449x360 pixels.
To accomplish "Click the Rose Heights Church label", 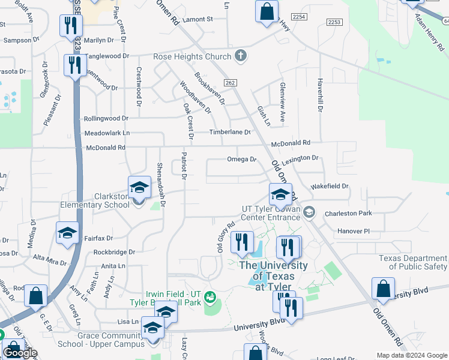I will tap(192, 56).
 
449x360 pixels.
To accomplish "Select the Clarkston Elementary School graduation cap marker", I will tap(139, 187).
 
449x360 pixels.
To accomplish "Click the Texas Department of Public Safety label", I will tap(414, 262).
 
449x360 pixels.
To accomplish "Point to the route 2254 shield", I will tap(298, 17).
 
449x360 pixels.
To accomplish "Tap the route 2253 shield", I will tap(334, 22).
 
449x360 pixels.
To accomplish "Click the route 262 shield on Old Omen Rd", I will tap(230, 82).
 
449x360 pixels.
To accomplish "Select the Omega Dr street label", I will tap(241, 160).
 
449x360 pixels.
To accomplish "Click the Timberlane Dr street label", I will tap(229, 132).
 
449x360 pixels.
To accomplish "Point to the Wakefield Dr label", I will tap(330, 186).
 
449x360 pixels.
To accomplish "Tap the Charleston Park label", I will tap(348, 213).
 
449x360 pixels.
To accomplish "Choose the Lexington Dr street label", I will tap(300, 158).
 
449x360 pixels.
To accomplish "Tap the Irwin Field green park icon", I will tap(209, 296).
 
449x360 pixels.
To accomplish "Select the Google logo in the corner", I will tap(19, 353).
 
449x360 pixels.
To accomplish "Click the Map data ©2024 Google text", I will tap(412, 355).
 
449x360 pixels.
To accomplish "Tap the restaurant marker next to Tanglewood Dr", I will tap(74, 65).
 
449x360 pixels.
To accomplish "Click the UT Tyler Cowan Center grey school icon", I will tap(309, 211).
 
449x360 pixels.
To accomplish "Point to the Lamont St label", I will tap(198, 19).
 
